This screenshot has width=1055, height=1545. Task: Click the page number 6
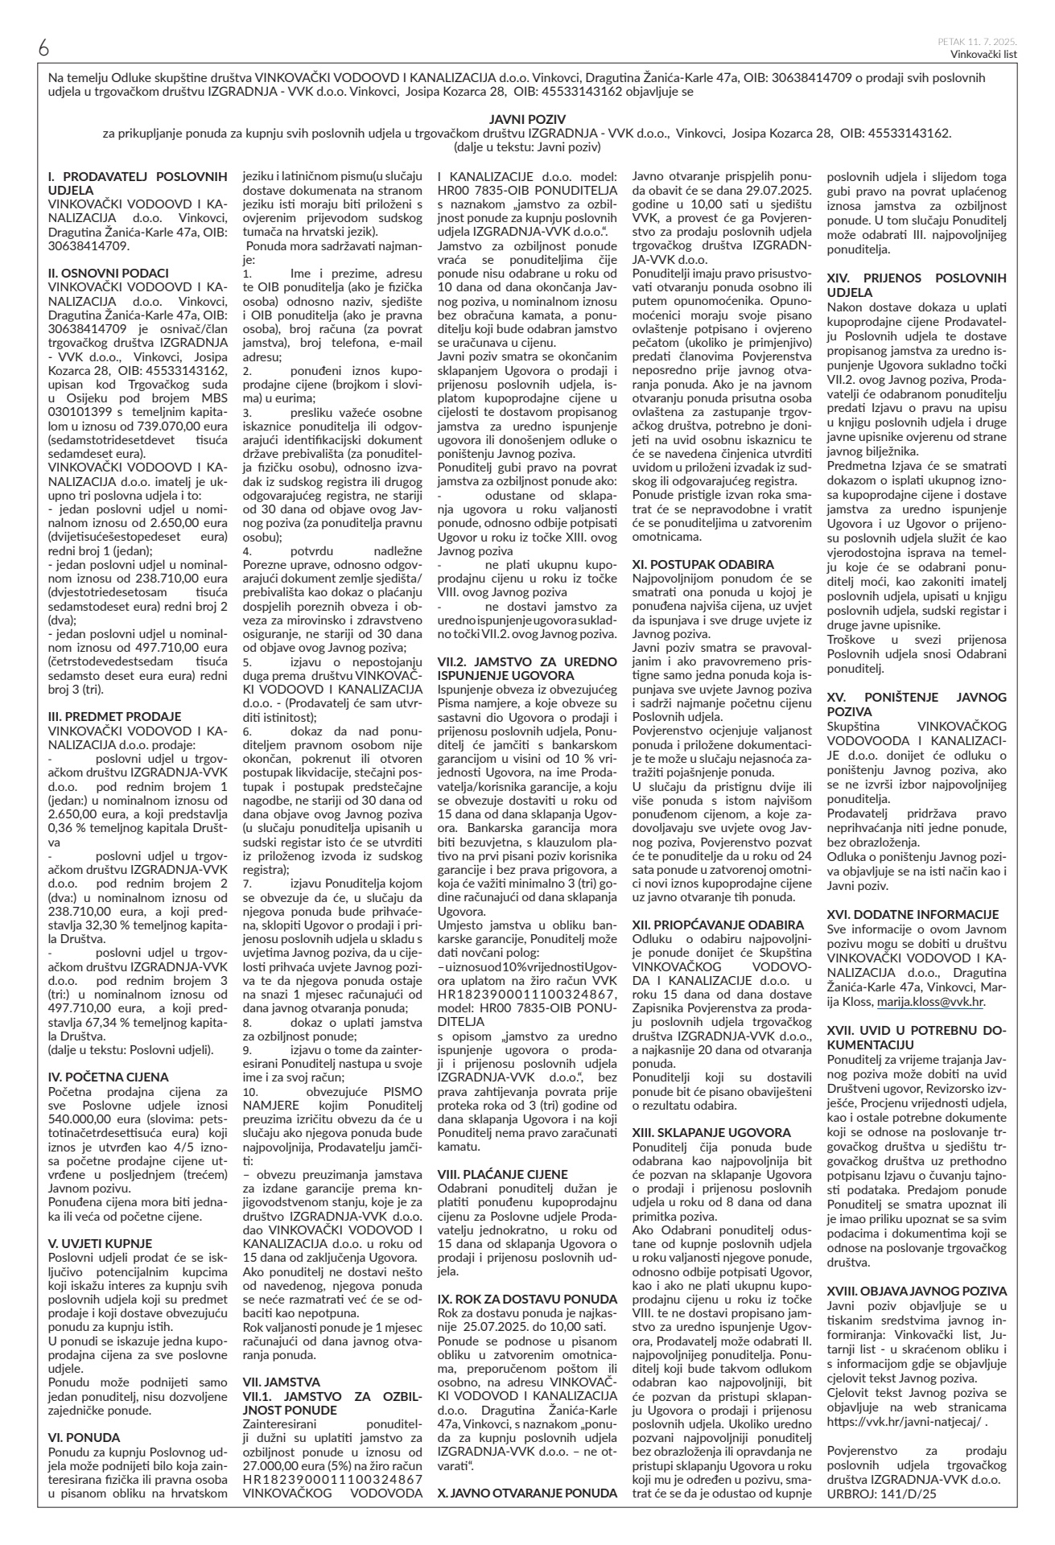pyautogui.click(x=43, y=47)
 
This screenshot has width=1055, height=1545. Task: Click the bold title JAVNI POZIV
pyautogui.click(x=527, y=118)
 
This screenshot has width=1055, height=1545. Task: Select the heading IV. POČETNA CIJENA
pyautogui.click(x=109, y=1077)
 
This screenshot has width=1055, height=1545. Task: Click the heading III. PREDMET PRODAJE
pyautogui.click(x=115, y=716)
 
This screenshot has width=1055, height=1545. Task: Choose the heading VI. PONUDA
pyautogui.click(x=84, y=1436)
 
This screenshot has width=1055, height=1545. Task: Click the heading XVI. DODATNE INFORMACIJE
pyautogui.click(x=913, y=914)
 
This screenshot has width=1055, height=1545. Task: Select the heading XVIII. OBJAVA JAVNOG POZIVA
pyautogui.click(x=917, y=1291)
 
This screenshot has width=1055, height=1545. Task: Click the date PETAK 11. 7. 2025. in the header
pyautogui.click(x=977, y=41)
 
